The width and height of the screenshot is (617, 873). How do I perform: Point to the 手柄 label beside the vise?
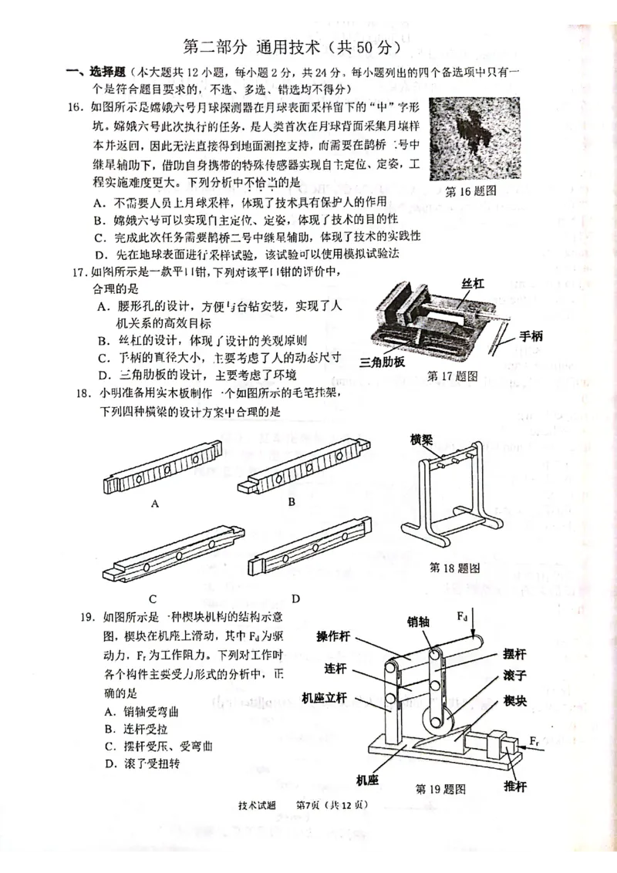click(x=531, y=335)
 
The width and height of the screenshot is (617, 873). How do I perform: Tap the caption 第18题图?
click(x=454, y=568)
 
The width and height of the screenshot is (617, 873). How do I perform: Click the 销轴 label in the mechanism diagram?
click(x=423, y=622)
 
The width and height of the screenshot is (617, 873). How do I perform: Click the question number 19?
click(x=90, y=617)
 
